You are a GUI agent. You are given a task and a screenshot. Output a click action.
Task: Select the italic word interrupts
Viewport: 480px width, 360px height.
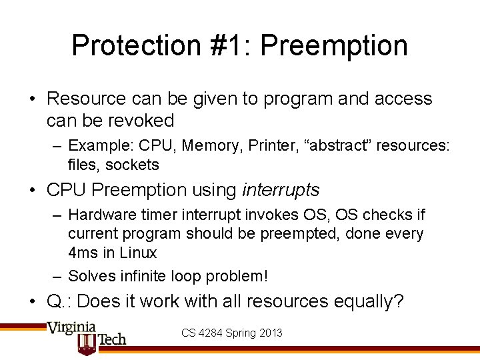click(281, 191)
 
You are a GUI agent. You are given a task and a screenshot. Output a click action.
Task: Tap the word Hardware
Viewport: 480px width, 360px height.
click(99, 215)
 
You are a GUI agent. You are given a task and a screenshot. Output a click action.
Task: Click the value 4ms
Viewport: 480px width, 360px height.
click(81, 253)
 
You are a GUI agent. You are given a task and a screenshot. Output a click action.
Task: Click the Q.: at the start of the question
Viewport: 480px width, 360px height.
click(59, 301)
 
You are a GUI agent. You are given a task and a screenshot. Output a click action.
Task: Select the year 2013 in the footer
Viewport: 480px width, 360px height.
click(270, 332)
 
